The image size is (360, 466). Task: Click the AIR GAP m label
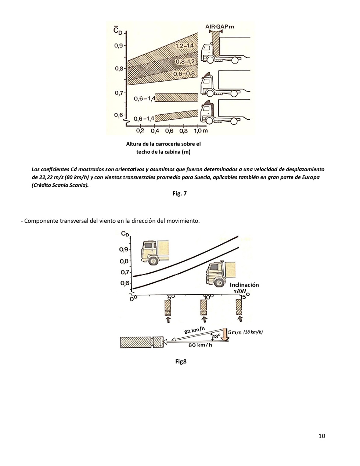(x=219, y=26)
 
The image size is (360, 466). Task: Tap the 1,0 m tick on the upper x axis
(x=201, y=130)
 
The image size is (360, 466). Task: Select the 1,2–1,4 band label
(x=184, y=46)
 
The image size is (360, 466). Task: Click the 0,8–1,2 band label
(x=185, y=61)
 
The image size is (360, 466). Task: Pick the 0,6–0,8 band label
(x=184, y=74)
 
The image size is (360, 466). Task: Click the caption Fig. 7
(x=180, y=193)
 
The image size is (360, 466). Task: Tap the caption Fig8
(x=181, y=361)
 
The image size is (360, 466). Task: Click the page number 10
(x=322, y=436)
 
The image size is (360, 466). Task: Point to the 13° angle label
(x=216, y=336)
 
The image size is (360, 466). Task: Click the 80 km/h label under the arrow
(x=200, y=345)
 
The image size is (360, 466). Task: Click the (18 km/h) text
(x=253, y=332)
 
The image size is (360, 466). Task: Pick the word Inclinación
(x=244, y=285)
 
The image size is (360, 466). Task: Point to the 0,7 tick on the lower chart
(x=125, y=272)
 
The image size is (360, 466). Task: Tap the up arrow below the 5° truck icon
(x=168, y=320)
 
